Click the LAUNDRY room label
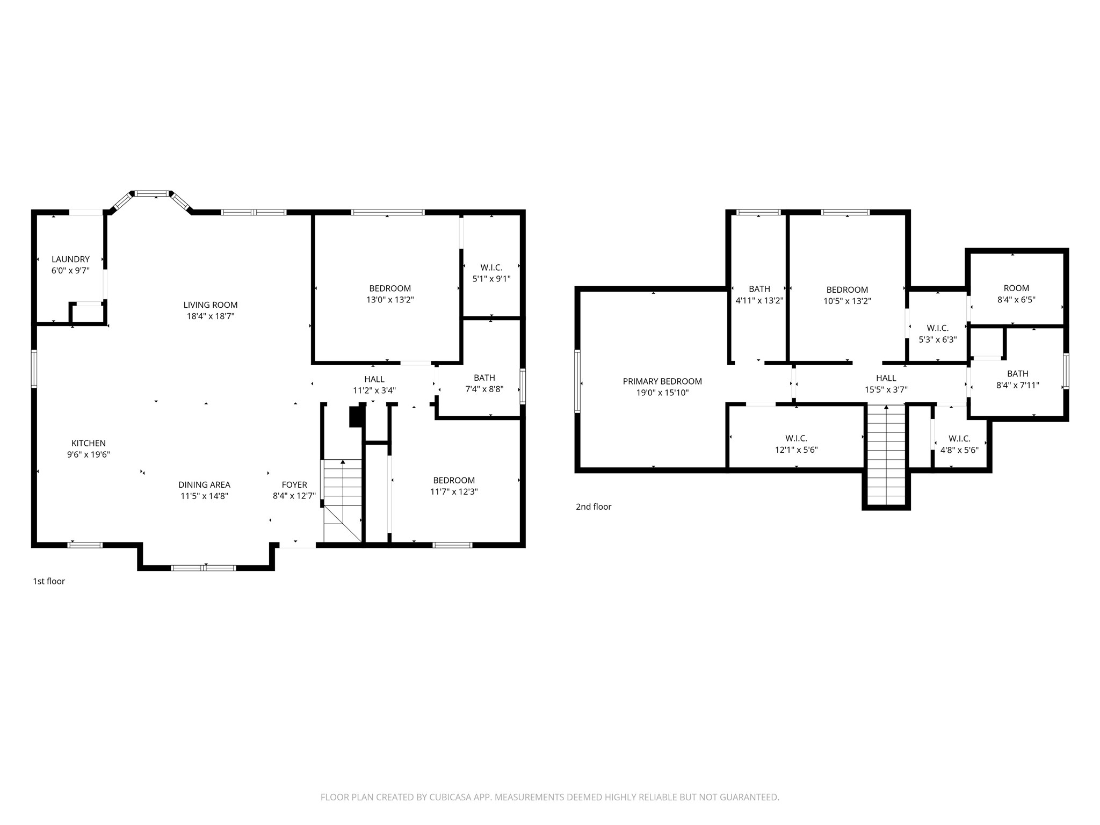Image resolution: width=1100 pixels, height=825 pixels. pos(70,259)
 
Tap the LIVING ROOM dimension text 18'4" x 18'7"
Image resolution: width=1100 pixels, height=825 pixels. pos(210,316)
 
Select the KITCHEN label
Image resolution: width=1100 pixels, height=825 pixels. pos(89,443)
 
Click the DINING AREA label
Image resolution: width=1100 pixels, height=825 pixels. pos(204,485)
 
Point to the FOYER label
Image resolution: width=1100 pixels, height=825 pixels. pos(294,485)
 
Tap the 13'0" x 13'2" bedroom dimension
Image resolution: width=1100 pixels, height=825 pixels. pos(390,300)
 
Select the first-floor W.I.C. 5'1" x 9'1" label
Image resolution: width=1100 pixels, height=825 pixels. pos(491,273)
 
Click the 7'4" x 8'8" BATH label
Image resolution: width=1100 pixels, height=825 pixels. pos(484,383)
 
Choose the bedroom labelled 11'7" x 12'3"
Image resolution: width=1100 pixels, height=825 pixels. pos(454,486)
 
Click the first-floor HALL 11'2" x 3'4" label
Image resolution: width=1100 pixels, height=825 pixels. pos(374,385)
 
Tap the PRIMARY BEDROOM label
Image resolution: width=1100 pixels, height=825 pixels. pos(662,381)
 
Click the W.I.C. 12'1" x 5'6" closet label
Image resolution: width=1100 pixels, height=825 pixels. pos(796,444)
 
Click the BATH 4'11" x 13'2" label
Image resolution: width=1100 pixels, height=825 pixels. pos(759,295)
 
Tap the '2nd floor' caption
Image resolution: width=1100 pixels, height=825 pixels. pos(594,506)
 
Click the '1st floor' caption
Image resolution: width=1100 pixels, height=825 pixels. pos(49,581)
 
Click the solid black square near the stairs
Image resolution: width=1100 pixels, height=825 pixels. pos(356,417)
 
